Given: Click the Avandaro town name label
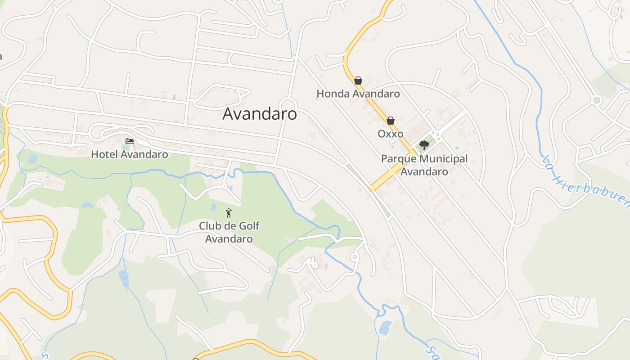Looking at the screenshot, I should click(x=260, y=114).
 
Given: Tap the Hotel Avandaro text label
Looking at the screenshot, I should click(x=130, y=154).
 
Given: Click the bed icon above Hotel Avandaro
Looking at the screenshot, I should click(x=130, y=141).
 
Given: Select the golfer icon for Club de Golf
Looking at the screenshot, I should click(x=229, y=213).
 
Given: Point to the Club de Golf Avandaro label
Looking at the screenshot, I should click(x=229, y=232).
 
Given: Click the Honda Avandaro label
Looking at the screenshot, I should click(x=358, y=94).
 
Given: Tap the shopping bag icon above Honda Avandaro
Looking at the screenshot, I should click(x=358, y=81).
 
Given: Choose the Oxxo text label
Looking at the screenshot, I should click(x=390, y=134).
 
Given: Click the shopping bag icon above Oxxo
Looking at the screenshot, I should click(x=391, y=121).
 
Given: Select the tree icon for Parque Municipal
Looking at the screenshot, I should click(x=424, y=145).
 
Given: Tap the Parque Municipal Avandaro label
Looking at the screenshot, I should click(x=424, y=165).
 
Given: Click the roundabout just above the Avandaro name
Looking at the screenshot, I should click(x=288, y=103).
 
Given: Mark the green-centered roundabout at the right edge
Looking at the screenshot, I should click(x=597, y=100).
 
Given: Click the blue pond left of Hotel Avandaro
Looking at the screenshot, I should click(x=32, y=158).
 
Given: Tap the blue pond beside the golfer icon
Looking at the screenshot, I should click(x=214, y=207).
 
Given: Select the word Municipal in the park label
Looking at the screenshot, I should click(x=443, y=158).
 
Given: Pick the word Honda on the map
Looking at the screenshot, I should click(x=333, y=94).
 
